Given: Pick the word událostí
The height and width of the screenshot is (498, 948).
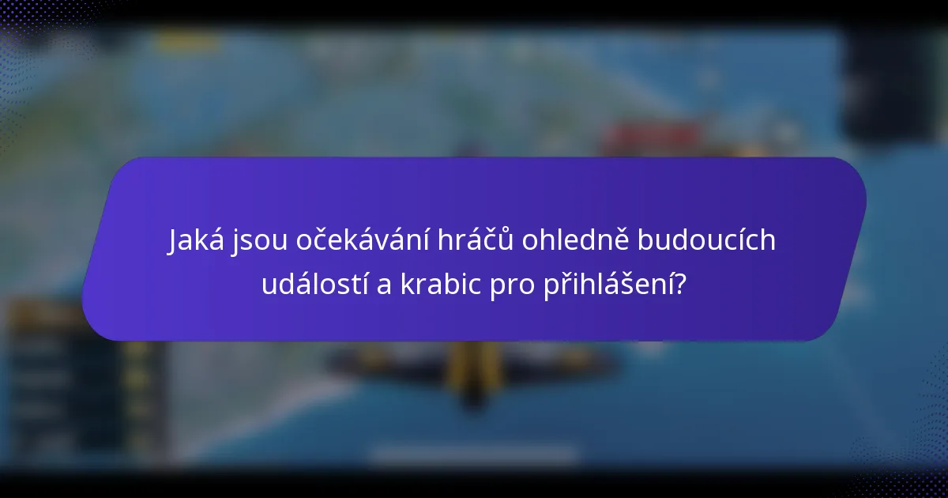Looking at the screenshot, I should coord(314,285).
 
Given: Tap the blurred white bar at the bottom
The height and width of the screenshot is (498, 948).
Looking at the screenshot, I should coord(474,456).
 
